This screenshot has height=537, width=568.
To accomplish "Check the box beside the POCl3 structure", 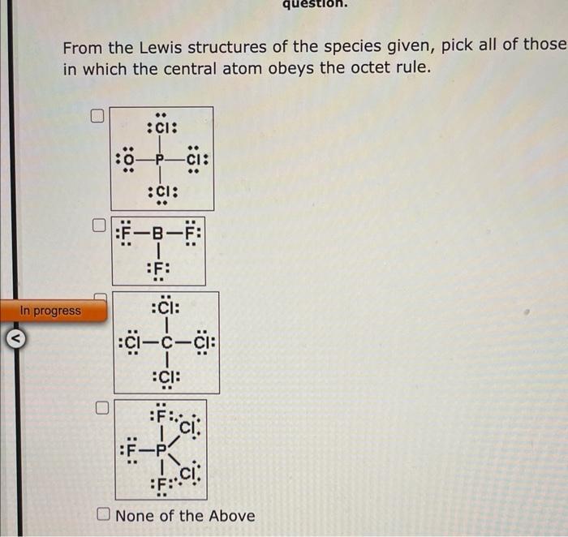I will pyautogui.click(x=98, y=118).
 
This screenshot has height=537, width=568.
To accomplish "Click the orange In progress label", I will pyautogui.click(x=51, y=310).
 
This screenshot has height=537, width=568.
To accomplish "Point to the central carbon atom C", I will pyautogui.click(x=166, y=342).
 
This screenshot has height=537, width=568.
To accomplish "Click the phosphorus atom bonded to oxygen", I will pyautogui.click(x=161, y=160).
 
